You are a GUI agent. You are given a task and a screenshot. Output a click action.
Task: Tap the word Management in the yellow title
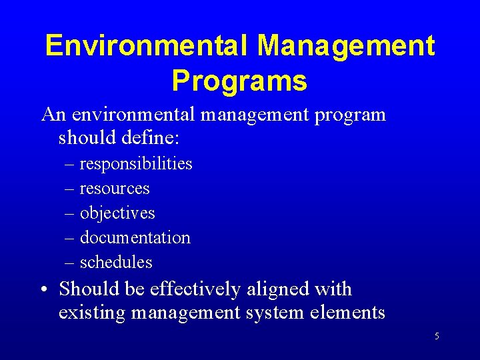coord(346,46)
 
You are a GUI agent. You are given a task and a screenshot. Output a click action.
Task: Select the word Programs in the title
coord(239,81)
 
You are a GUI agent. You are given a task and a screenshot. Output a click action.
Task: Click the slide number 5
coord(437,336)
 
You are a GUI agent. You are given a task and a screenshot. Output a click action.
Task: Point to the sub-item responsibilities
coord(136,164)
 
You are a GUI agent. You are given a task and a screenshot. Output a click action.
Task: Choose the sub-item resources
coord(115,189)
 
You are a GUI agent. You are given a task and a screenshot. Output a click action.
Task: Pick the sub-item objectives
coord(117,213)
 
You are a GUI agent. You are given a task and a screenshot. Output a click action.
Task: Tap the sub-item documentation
coord(135,238)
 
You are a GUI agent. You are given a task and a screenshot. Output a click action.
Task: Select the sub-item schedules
coord(116,263)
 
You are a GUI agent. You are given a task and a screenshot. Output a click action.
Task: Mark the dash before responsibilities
coord(70,165)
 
